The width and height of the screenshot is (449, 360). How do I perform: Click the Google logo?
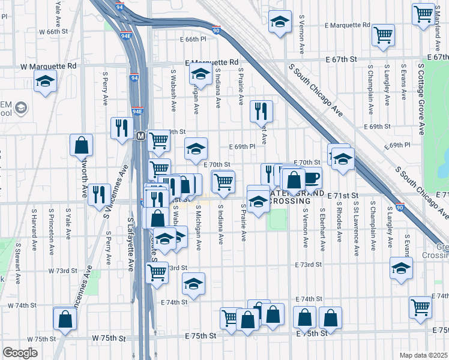point(20,353)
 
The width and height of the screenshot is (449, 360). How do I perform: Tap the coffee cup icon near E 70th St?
point(312,178)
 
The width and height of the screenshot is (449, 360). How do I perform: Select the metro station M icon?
point(140,136)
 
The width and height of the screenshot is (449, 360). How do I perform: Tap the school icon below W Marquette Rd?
point(45,81)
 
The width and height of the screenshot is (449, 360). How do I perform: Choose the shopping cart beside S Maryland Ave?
point(424,13)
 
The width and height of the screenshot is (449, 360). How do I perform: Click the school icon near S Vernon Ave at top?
point(279,22)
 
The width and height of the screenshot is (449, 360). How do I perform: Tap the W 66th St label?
point(51,31)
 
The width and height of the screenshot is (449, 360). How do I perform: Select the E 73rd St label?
point(309,264)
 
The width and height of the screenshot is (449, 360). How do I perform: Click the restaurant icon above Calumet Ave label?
point(261,110)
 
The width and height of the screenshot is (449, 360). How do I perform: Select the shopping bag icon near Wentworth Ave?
point(81,145)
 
